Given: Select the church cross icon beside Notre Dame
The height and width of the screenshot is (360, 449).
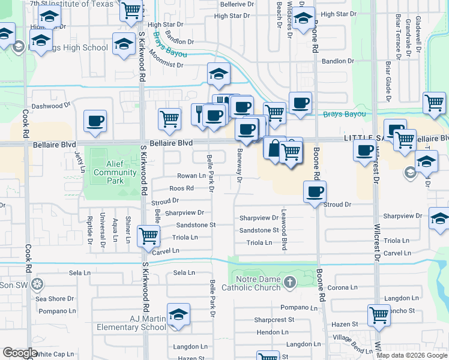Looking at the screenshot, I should pos(289,282).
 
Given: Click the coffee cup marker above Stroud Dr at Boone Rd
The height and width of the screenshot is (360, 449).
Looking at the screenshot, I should pos(315,193).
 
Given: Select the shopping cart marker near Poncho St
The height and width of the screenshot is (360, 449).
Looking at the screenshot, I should pos(379,314).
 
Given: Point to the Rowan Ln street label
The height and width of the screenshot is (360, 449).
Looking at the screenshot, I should pos(191,176).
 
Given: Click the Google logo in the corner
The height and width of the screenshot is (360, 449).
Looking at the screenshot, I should pos(20,353).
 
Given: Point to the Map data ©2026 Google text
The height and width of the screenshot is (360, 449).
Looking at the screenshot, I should pos(412,355).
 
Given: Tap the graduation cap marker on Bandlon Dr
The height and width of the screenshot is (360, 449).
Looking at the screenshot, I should pos(218,74).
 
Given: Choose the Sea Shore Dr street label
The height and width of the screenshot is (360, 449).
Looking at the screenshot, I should pos(55,298).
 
